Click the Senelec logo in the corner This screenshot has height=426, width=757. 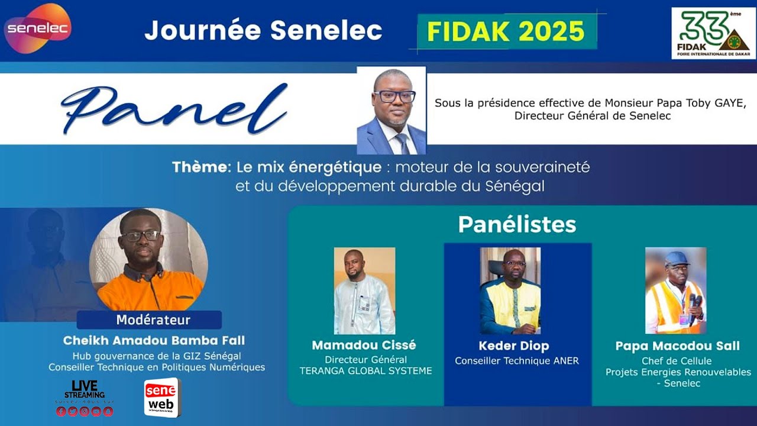pyautogui.click(x=37, y=28)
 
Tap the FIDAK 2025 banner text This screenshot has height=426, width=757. pyautogui.click(x=506, y=31)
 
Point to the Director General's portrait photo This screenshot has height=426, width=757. pyautogui.click(x=392, y=111)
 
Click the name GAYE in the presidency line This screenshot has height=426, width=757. pyautogui.click(x=730, y=103)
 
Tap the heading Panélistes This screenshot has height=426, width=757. pyautogui.click(x=517, y=224)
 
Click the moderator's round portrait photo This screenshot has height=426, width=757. pyautogui.click(x=148, y=260)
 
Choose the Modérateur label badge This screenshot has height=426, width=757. pyautogui.click(x=149, y=320)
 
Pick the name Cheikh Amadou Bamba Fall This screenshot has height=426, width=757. pyautogui.click(x=153, y=341)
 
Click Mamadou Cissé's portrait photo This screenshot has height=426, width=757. pyautogui.click(x=364, y=291)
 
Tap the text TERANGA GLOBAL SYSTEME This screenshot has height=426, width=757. pyautogui.click(x=365, y=371)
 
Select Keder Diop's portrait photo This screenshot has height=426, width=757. pyautogui.click(x=510, y=291)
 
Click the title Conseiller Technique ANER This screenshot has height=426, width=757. pyautogui.click(x=516, y=360)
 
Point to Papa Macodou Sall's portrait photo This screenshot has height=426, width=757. pyautogui.click(x=675, y=291)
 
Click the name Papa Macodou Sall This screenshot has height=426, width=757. pyautogui.click(x=677, y=346)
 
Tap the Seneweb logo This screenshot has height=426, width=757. pyautogui.click(x=161, y=398)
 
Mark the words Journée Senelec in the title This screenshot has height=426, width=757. pyautogui.click(x=263, y=31)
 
